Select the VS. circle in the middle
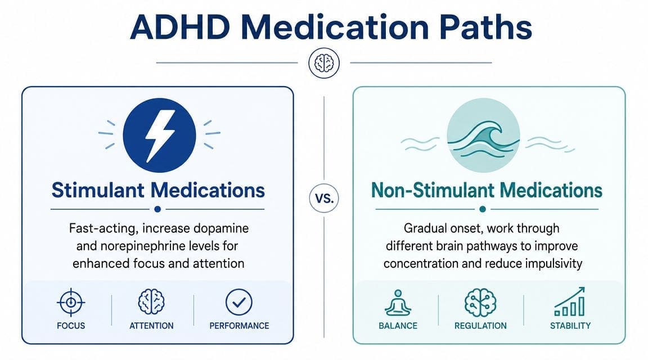(324, 198)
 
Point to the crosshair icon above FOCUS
(70, 303)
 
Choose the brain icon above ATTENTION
(151, 302)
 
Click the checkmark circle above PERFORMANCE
(238, 302)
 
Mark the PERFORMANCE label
(239, 325)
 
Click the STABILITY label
(570, 325)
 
